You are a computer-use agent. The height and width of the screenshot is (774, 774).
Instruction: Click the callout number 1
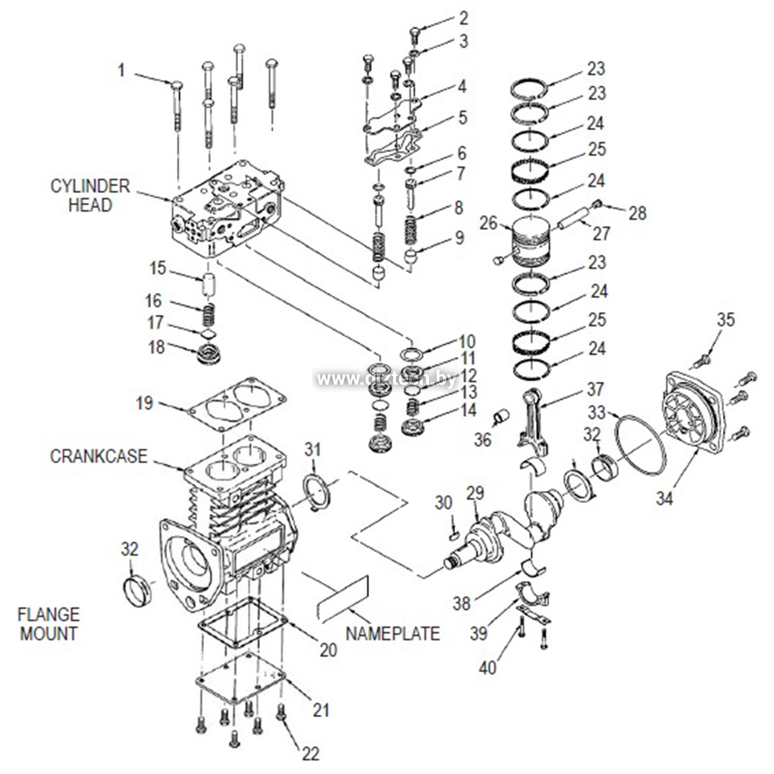coord(121,71)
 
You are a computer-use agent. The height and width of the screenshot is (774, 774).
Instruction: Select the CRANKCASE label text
coord(98,456)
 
